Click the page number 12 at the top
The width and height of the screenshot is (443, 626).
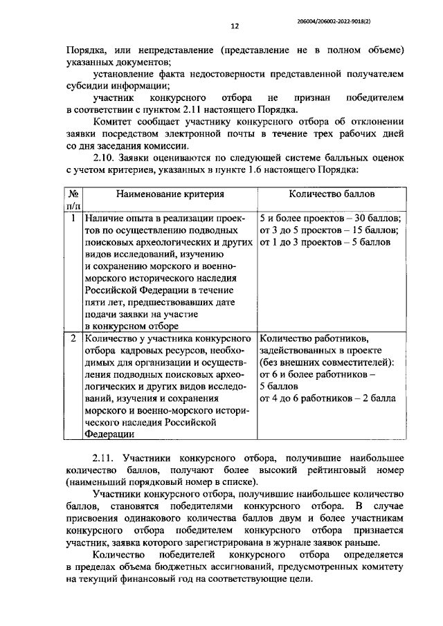coord(234,26)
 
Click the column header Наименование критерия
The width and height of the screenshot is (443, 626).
coord(170,196)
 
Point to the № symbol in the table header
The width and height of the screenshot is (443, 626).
coord(72,196)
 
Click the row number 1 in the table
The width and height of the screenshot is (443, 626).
coord(73,218)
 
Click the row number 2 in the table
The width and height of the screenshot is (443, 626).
coord(73,339)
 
